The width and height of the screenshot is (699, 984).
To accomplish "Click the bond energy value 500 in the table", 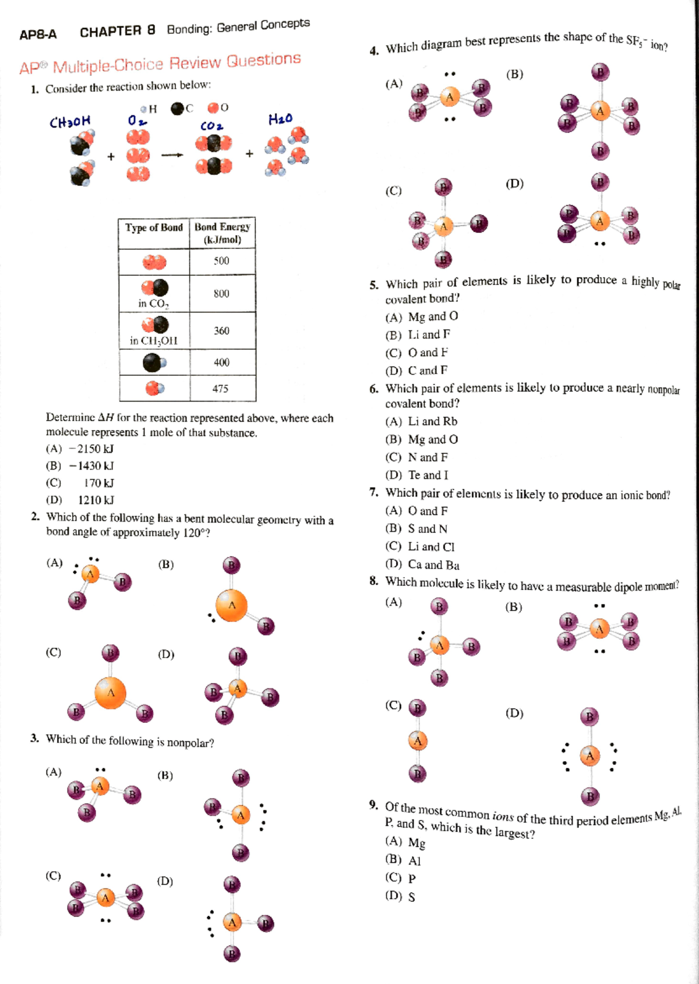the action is click(221, 261).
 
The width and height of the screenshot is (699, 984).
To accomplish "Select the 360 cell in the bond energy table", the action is click(221, 331).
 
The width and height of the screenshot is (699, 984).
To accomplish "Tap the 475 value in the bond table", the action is click(220, 388).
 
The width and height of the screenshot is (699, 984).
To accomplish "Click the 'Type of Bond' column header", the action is click(154, 228).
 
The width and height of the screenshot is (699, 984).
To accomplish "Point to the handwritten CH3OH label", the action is click(70, 122).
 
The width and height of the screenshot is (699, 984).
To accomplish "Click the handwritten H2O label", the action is click(280, 119).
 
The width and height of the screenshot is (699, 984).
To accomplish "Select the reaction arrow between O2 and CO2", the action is click(172, 155).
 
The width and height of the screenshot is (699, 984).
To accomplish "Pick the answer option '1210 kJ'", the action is click(96, 500).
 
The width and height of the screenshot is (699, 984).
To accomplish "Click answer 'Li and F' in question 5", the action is click(429, 335).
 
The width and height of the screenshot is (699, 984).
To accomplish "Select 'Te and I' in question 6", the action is click(428, 475).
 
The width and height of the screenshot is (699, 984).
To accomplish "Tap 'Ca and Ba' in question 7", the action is click(433, 564).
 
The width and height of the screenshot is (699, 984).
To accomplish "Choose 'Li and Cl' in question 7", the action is click(431, 546).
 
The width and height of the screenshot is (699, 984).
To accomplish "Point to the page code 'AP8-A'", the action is click(38, 34).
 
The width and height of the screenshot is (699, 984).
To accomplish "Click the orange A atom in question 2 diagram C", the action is click(111, 692).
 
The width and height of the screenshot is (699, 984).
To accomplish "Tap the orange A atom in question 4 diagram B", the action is click(600, 111).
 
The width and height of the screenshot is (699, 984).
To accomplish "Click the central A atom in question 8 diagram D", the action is click(590, 755).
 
